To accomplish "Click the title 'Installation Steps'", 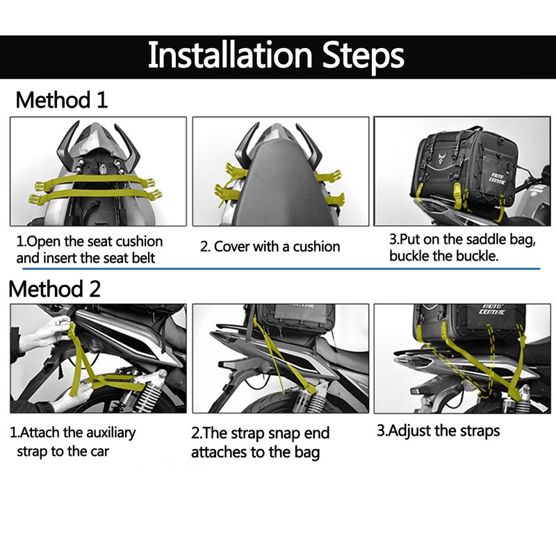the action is pos(276,56).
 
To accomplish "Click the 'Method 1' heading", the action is pos(62,100).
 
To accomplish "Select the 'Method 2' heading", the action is pos(55,288).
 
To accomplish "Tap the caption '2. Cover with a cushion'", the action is pos(270,247).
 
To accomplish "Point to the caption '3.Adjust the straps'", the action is pos(438,431).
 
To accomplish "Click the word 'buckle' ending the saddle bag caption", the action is pos(477,256).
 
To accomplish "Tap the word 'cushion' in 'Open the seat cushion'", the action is pos(140,242).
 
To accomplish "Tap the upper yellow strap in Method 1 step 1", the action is pos(97,181).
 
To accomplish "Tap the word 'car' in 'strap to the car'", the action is pos(99,452).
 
